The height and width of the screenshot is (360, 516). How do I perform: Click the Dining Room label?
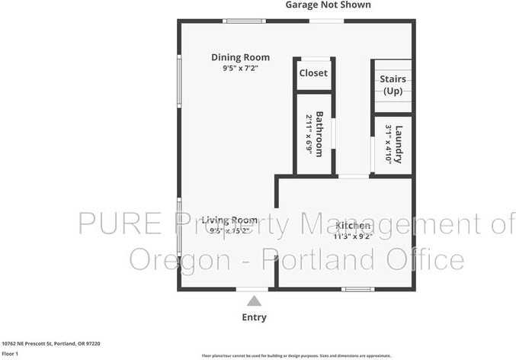coord(240,57)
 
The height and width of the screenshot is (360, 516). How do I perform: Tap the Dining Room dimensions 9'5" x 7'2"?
coord(240,69)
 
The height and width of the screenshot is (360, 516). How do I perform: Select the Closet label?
coord(312,73)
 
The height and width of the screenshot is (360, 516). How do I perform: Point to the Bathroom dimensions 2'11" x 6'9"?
coord(309,134)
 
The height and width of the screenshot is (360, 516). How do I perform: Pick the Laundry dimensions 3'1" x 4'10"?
coord(388,143)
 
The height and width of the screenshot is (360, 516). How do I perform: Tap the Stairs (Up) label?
coord(393,85)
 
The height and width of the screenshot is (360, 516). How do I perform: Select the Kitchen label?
coord(352,226)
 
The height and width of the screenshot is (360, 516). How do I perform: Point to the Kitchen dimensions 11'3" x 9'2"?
coord(352,236)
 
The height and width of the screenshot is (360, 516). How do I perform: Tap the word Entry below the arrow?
coord(255,317)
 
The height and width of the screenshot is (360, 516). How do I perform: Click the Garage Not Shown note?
coord(328,5)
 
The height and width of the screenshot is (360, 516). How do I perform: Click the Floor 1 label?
coord(10,354)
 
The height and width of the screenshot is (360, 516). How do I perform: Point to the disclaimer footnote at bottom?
coord(296,355)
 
